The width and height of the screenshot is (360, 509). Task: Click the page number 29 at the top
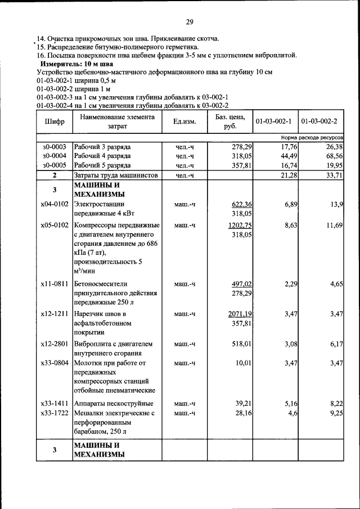[x=190, y=22]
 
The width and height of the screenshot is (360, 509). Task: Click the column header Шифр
[x=54, y=121]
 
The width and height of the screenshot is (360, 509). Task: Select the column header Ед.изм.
[x=184, y=121]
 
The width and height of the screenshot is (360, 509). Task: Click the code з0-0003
[x=54, y=146]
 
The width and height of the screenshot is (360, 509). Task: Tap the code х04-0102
[x=54, y=204]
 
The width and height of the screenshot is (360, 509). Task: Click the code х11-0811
[x=54, y=284]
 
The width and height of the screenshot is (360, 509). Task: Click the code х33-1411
[x=54, y=404]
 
